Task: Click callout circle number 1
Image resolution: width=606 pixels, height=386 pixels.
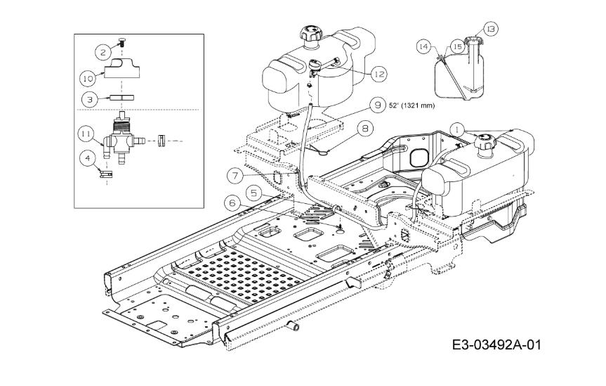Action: coord(458,129)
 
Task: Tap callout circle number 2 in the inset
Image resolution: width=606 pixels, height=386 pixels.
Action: coord(103,51)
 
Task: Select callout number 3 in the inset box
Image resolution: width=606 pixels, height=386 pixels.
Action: coord(88,99)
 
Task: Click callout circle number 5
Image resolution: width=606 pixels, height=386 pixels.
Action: coord(254,191)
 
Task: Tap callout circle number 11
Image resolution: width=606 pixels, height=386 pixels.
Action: coord(85,132)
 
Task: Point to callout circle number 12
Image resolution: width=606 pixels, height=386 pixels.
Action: coord(378,73)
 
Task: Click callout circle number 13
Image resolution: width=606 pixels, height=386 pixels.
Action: coord(490,29)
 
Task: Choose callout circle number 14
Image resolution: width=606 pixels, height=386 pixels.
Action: coord(423,46)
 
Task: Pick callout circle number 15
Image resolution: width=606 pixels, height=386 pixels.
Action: coord(457,46)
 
